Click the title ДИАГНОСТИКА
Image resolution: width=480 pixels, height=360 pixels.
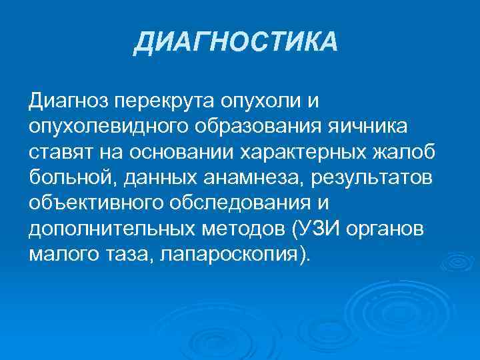pyautogui.click(x=236, y=43)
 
